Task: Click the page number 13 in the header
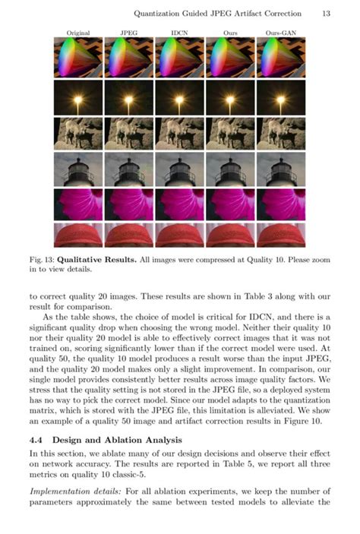click(x=325, y=13)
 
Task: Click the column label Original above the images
click(x=77, y=33)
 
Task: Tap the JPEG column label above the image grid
click(x=128, y=33)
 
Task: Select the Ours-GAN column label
click(x=281, y=33)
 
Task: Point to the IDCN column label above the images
click(x=179, y=33)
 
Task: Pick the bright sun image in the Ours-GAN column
click(x=281, y=96)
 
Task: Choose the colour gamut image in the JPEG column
click(x=128, y=58)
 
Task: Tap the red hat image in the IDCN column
click(x=179, y=235)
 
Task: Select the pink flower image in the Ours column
click(x=230, y=204)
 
